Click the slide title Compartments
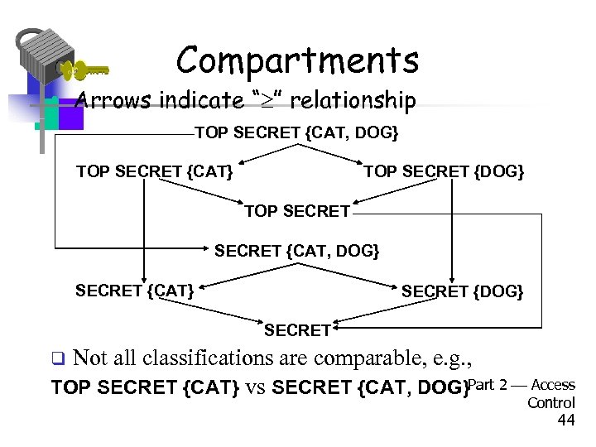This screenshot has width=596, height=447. [x=297, y=60]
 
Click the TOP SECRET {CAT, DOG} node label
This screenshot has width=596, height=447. [x=296, y=132]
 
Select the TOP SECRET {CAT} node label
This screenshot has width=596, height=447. [x=154, y=172]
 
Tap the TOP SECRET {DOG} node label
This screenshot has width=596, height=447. [x=444, y=172]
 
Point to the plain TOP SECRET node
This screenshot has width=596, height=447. [x=297, y=211]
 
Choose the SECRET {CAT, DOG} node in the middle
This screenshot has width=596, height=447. [x=297, y=250]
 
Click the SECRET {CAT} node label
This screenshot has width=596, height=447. [x=135, y=291]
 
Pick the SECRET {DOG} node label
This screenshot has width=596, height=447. [x=462, y=291]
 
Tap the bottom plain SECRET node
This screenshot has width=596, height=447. [x=297, y=330]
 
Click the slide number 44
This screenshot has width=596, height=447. [x=566, y=421]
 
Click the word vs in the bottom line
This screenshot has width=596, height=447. [x=255, y=387]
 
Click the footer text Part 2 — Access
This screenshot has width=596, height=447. [x=521, y=385]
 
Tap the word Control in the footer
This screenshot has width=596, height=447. [x=550, y=402]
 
